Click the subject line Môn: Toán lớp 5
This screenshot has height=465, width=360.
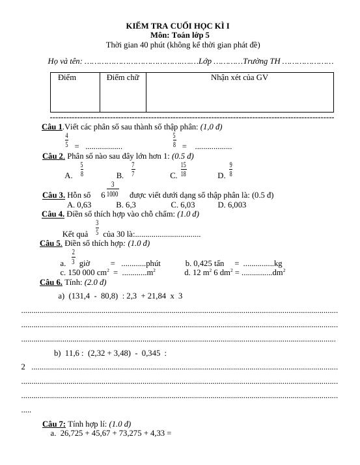tap(180, 35)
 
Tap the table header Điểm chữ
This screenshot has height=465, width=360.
tap(122, 78)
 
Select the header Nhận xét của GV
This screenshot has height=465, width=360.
tap(239, 78)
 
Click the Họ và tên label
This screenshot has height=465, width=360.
tap(64, 61)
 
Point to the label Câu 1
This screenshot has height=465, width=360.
tap(52, 127)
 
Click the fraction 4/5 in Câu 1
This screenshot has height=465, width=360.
tap(66, 140)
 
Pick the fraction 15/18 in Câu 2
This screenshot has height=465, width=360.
tap(184, 170)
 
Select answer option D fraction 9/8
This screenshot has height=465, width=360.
tap(230, 170)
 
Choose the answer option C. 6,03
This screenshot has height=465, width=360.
tap(182, 205)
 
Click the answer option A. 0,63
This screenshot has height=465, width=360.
tap(79, 205)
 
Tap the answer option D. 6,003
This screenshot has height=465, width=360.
tap(232, 205)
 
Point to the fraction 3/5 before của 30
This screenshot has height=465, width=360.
tap(97, 228)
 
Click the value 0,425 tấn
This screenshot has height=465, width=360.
tap(208, 263)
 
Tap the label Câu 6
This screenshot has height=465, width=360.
tap(51, 282)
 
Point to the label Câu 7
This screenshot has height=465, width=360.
tap(53, 423)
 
